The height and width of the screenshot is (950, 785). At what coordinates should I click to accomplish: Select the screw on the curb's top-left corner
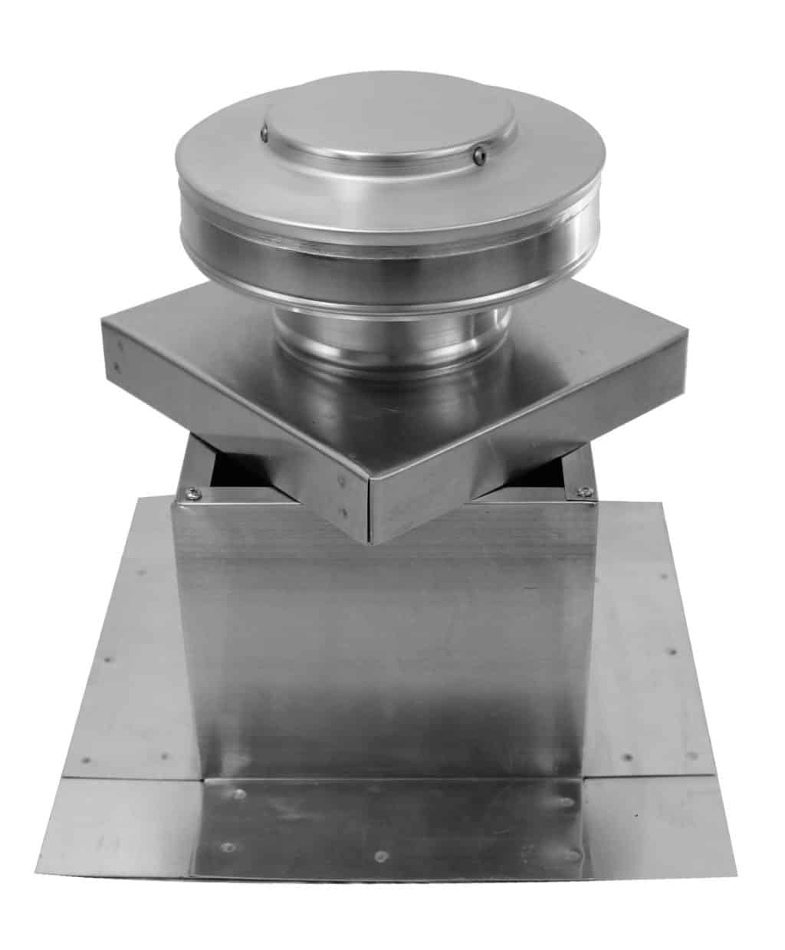pyautogui.click(x=190, y=491)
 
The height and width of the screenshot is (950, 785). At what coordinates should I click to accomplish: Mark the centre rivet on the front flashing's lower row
pyautogui.click(x=380, y=853)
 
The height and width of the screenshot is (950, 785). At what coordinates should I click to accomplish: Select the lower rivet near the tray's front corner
pyautogui.click(x=344, y=510)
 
